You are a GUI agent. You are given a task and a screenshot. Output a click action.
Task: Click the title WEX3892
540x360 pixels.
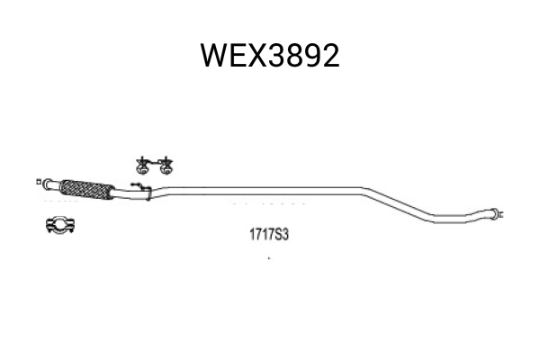tap(270, 56)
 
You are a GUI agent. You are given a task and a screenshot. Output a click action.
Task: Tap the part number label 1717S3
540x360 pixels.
tap(268, 235)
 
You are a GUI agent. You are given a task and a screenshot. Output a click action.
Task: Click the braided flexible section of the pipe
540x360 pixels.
tap(86, 190)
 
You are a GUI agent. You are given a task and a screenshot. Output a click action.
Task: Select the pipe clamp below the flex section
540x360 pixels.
tap(61, 225)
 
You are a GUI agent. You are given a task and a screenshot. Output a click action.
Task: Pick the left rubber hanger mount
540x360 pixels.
tap(142, 166)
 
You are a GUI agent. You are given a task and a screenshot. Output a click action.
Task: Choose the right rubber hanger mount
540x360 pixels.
tap(166, 166)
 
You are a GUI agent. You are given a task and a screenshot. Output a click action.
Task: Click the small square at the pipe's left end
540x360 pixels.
tap(39, 182)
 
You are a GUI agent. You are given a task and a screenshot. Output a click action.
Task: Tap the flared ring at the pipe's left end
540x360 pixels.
tap(48, 184)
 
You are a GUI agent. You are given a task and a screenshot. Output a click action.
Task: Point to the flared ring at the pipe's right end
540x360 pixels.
tap(494, 213)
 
